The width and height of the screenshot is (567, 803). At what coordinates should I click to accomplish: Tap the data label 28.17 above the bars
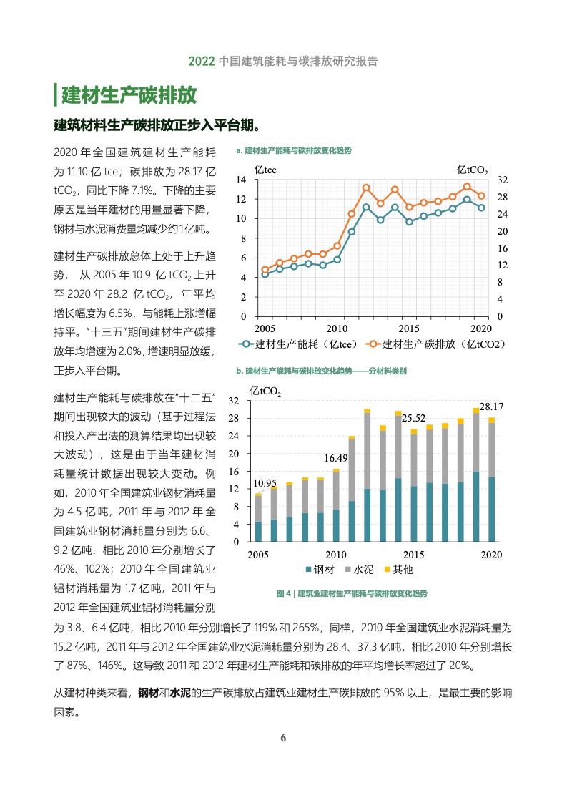pos(491,407)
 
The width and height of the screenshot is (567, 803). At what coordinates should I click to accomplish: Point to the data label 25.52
pos(413,418)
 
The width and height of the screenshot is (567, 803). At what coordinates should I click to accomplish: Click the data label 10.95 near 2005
pos(265,483)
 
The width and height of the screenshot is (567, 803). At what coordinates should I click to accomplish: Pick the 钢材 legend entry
pos(320,570)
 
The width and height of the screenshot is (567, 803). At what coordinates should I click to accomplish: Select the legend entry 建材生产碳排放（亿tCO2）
pos(438,344)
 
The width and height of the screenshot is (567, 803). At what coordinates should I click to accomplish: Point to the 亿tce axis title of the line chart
pos(266,170)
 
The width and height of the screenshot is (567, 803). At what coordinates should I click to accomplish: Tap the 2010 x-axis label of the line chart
pos(337,328)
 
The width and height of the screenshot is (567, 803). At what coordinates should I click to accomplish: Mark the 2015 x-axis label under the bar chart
pos(413,555)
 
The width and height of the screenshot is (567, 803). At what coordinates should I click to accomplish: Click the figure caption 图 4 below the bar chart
pos(351,593)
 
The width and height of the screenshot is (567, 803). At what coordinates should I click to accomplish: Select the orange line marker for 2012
pos(366,188)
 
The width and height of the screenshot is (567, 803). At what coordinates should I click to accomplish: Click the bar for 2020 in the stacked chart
pos(491,480)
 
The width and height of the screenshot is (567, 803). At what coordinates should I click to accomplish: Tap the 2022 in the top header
pos(202,62)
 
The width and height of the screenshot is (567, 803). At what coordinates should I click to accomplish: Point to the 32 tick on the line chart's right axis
pos(502,179)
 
